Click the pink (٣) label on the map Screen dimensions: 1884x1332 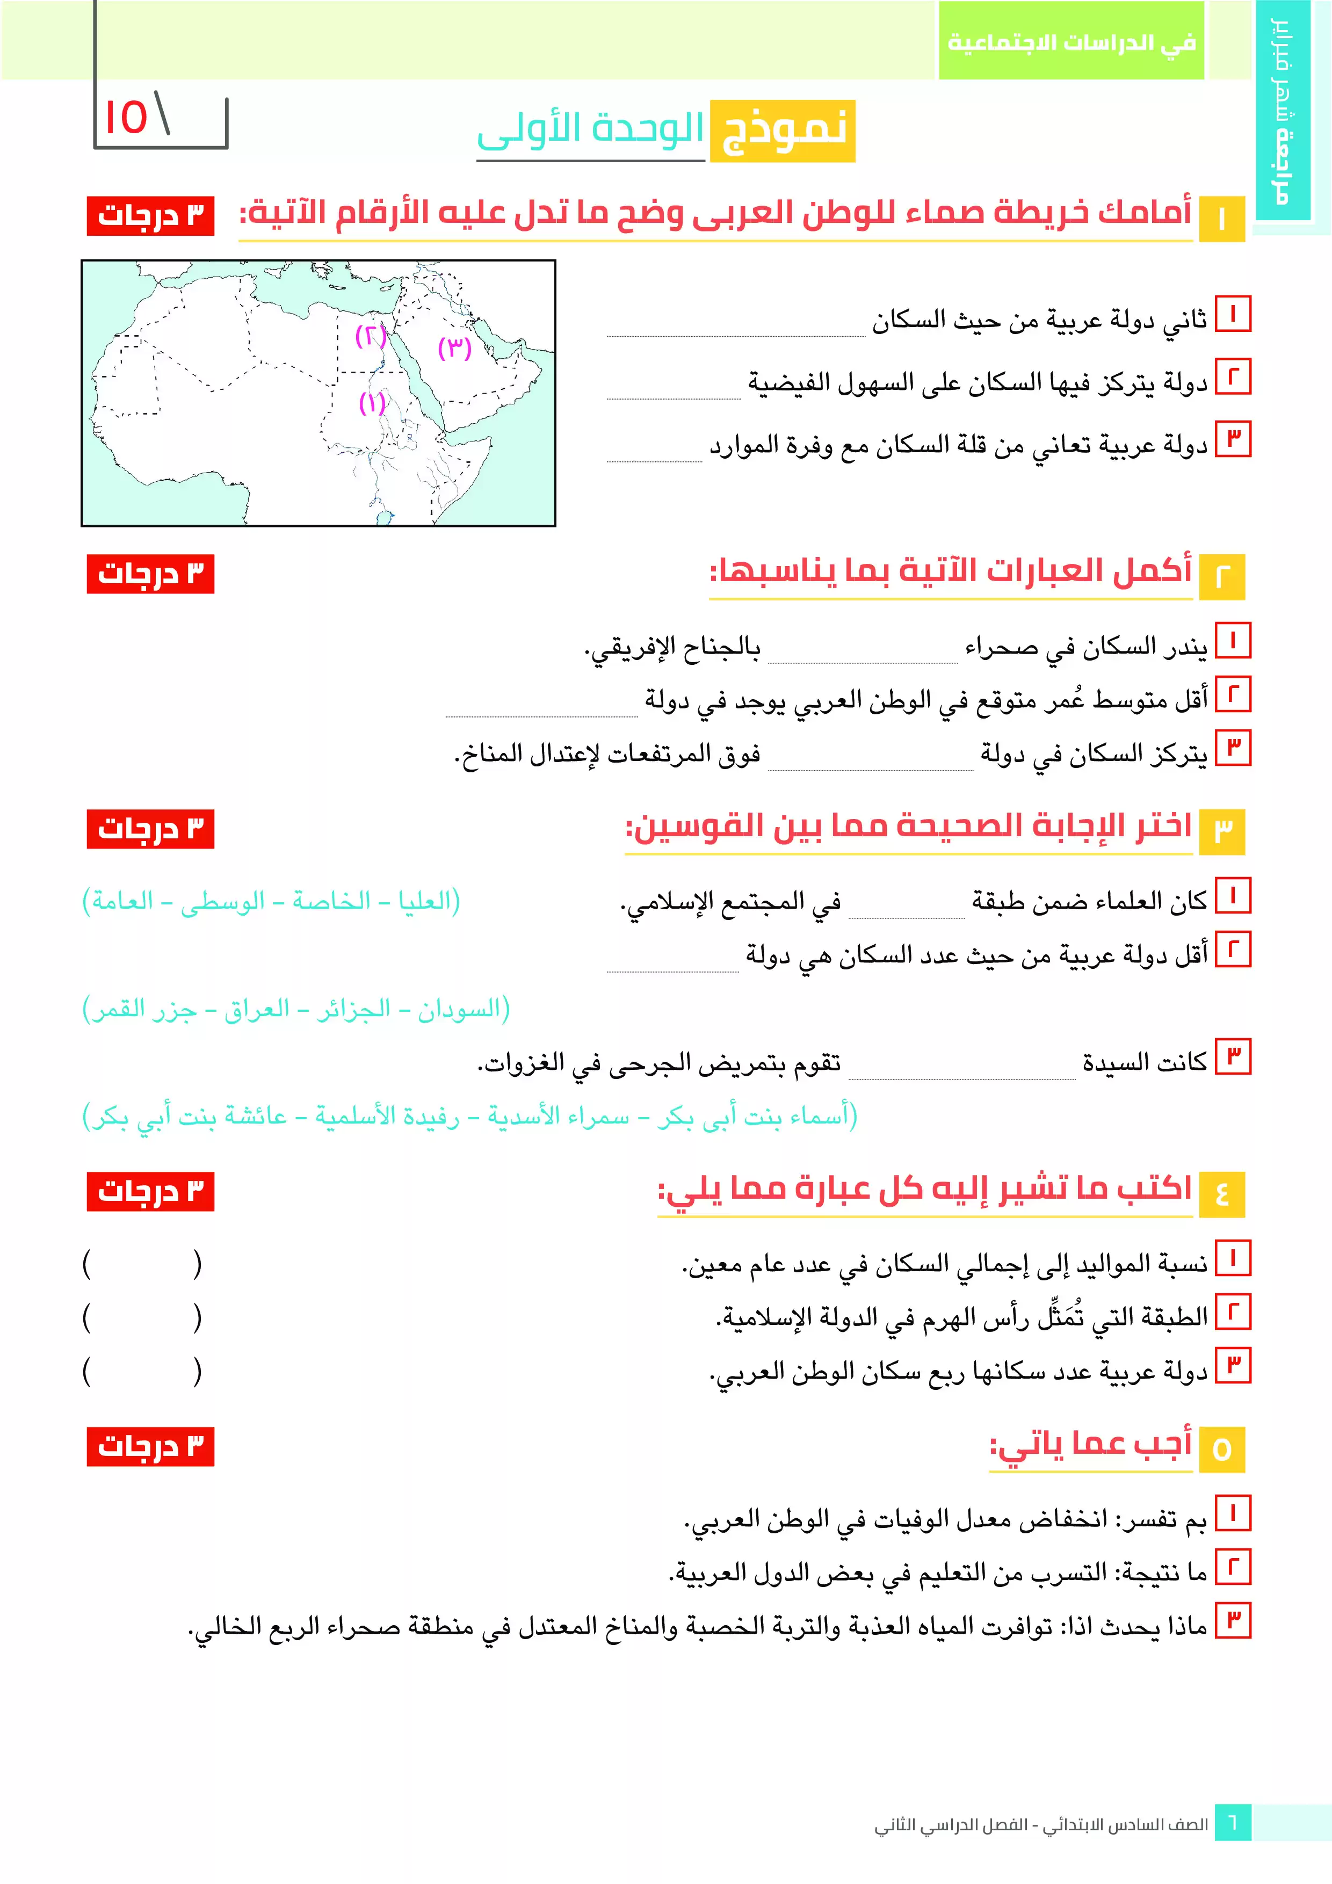tap(455, 348)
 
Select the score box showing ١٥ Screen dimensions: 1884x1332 tap(161, 121)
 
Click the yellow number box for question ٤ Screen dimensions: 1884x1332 tap(1221, 1194)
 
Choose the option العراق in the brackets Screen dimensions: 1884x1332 tap(257, 1009)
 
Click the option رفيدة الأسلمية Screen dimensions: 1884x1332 tap(387, 1116)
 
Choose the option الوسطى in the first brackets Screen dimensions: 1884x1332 tap(222, 901)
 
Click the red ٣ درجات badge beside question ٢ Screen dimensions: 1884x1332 tap(150, 574)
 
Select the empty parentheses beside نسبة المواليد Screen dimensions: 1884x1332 tap(142, 1264)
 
